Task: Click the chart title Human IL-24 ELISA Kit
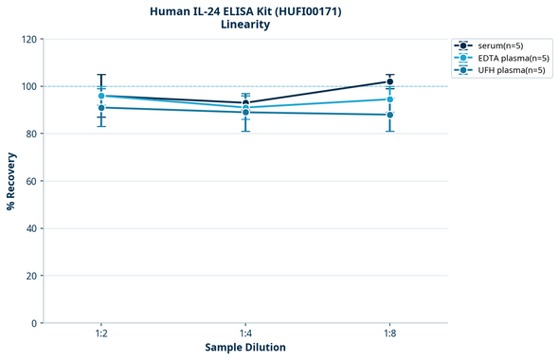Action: pyautogui.click(x=245, y=10)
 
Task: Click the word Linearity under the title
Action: pyautogui.click(x=245, y=25)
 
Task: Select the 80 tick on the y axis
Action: pyautogui.click(x=31, y=134)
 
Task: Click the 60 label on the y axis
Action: pyautogui.click(x=31, y=181)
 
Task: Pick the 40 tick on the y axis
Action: pyautogui.click(x=31, y=228)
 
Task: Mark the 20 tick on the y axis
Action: pyautogui.click(x=31, y=276)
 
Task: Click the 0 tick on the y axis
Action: pyautogui.click(x=34, y=323)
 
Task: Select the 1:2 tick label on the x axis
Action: pyautogui.click(x=101, y=333)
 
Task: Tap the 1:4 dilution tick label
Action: pyautogui.click(x=245, y=333)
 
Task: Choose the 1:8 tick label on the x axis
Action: pyautogui.click(x=389, y=333)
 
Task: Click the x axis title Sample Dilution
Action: pyautogui.click(x=245, y=348)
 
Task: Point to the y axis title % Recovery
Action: pyautogui.click(x=10, y=181)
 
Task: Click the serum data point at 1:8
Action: pyautogui.click(x=389, y=81)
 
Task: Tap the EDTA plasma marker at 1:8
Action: pyautogui.click(x=389, y=99)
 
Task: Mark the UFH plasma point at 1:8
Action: pyautogui.click(x=389, y=115)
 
